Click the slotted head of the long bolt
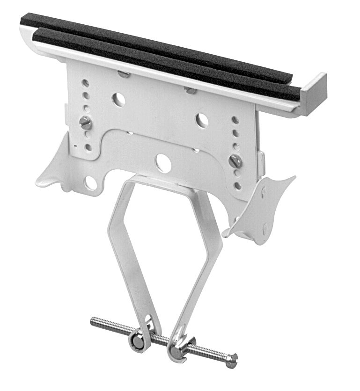coord(233,360)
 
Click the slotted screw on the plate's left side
coord(85,123)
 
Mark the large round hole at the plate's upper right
coord(202,120)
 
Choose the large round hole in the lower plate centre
coord(163,161)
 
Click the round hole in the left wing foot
coord(91,183)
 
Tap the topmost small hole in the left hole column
coord(86,83)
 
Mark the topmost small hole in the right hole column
coord(235,120)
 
